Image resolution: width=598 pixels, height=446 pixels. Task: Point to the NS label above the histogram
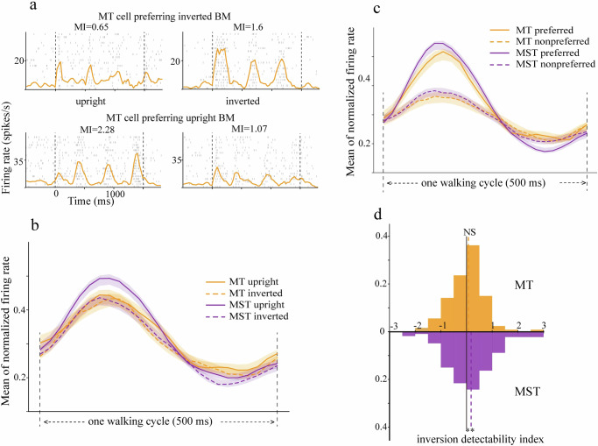pyautogui.click(x=471, y=233)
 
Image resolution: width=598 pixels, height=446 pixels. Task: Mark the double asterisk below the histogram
pyautogui.click(x=470, y=429)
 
